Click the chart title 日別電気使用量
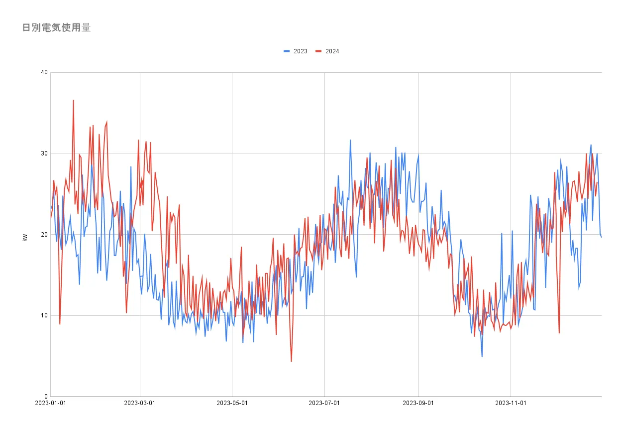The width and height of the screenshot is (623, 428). point(56,28)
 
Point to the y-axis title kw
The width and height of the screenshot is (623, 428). point(25,238)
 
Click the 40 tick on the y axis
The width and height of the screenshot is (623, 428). point(44,72)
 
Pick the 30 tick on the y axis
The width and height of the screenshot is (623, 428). point(44,153)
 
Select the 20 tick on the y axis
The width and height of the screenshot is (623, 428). point(44,235)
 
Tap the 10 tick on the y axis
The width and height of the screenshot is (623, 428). point(44,315)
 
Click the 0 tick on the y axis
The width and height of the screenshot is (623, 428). point(46,397)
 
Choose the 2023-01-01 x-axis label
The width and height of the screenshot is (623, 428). point(51,403)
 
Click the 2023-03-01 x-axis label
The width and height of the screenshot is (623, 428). point(140,403)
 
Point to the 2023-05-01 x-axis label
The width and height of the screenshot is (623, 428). point(232,403)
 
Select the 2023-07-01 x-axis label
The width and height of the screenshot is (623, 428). point(324,403)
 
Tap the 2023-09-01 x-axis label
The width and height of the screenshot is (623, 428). point(418,403)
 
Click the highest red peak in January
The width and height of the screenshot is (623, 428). point(73,101)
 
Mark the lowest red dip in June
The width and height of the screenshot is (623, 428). point(291,361)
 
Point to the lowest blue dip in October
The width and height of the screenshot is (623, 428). point(482,356)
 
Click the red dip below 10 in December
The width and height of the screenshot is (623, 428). point(559,332)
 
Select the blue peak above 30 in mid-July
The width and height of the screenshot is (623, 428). point(350,141)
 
